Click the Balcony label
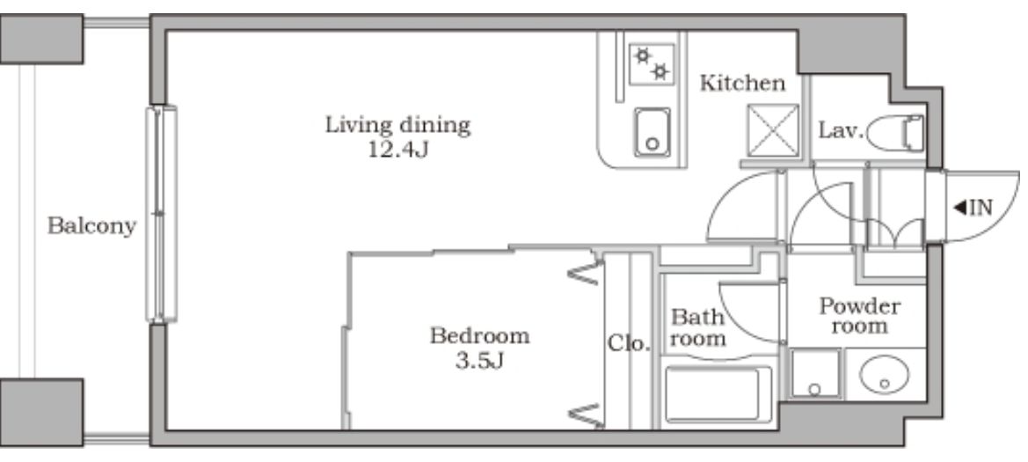pyautogui.click(x=91, y=226)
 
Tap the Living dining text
pyautogui.click(x=398, y=125)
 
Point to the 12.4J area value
pyautogui.click(x=398, y=150)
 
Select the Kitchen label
pyautogui.click(x=742, y=84)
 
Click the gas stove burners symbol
pyautogui.click(x=652, y=63)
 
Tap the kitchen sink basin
pyautogui.click(x=653, y=132)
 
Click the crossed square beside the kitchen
pyautogui.click(x=773, y=130)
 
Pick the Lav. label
pyautogui.click(x=841, y=130)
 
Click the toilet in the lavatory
pyautogui.click(x=895, y=133)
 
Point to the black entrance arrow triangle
pyautogui.click(x=959, y=208)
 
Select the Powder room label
pyautogui.click(x=859, y=316)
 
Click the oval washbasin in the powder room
pyautogui.click(x=885, y=376)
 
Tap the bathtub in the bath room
pyautogui.click(x=718, y=393)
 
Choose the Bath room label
pyautogui.click(x=697, y=328)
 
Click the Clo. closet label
pyautogui.click(x=629, y=343)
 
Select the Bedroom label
pyautogui.click(x=479, y=336)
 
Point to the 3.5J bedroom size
pyautogui.click(x=479, y=361)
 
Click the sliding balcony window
pyautogui.click(x=161, y=214)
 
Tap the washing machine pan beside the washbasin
pyautogui.click(x=815, y=373)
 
